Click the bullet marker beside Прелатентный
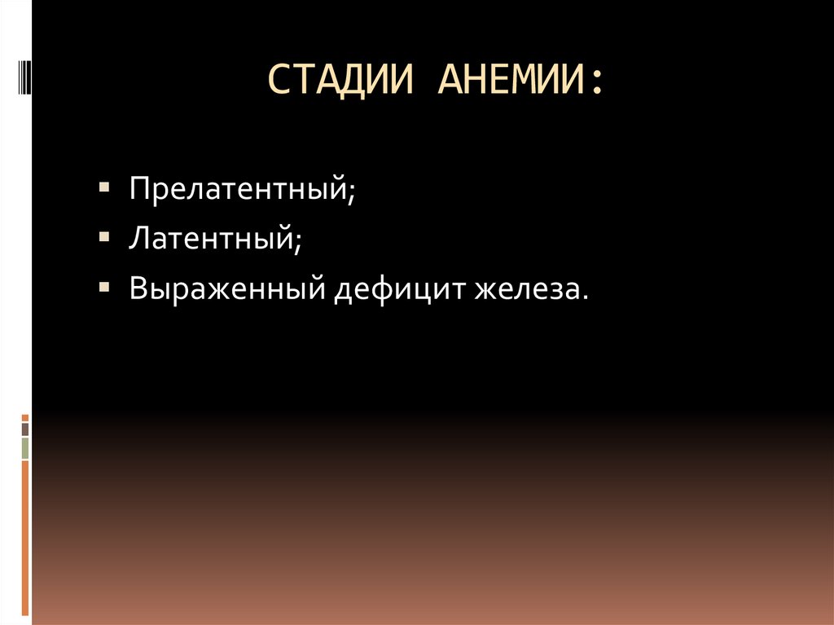[x=106, y=187]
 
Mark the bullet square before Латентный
[x=106, y=236]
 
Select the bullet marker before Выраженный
[x=106, y=286]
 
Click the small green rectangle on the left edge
[x=25, y=448]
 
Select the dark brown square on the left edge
[x=25, y=429]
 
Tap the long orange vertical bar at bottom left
[x=25, y=538]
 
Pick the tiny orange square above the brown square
[x=25, y=416]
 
